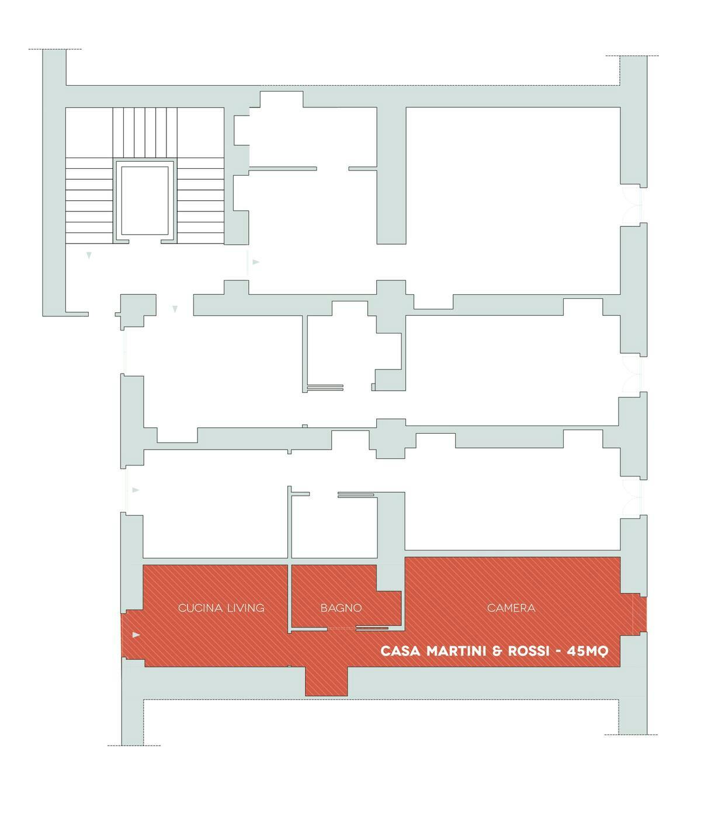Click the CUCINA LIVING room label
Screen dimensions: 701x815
click(221, 608)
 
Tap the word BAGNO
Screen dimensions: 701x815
click(341, 608)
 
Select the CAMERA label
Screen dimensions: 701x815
click(511, 608)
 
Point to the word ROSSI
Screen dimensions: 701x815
click(529, 650)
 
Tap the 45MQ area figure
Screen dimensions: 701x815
click(588, 651)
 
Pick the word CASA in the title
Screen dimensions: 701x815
click(400, 650)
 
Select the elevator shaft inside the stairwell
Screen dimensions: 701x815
click(145, 201)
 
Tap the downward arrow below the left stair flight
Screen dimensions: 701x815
click(89, 256)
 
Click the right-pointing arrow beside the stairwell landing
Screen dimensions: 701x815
click(256, 262)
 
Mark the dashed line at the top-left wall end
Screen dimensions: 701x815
click(55, 49)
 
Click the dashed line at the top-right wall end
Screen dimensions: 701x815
click(632, 55)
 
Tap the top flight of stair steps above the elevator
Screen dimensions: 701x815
click(145, 133)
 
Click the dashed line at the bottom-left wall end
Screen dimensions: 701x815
click(134, 746)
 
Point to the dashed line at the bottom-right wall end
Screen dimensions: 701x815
click(631, 734)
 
